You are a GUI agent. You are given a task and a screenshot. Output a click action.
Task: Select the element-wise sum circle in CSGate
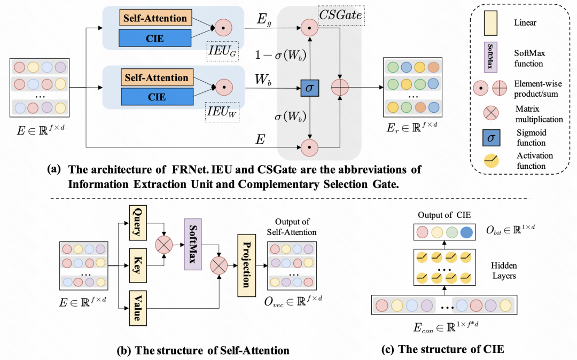tap(339, 88)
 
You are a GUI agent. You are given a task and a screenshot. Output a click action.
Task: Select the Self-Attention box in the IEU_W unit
tap(155, 78)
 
